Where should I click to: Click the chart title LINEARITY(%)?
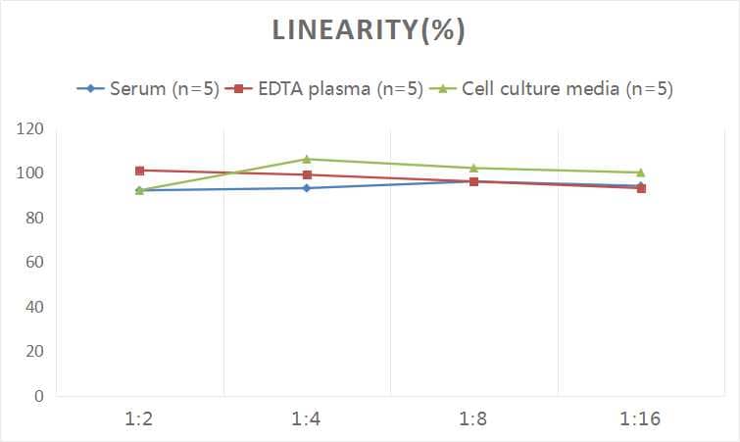pos(369,30)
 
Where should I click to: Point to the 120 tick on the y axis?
pos(30,129)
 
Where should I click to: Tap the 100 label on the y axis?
pos(30,173)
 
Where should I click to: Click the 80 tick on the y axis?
pos(34,219)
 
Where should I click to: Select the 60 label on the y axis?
pos(34,263)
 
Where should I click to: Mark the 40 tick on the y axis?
pos(34,307)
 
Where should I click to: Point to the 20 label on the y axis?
pos(34,352)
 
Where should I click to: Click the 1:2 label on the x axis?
pos(140,419)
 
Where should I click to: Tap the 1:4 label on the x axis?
pos(307,419)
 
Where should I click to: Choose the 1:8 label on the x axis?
pos(474,419)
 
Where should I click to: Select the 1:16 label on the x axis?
pos(641,419)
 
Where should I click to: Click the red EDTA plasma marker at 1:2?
pos(140,171)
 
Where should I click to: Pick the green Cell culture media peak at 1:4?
pos(307,159)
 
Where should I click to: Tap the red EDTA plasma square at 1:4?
pos(307,175)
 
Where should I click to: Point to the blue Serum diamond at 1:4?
pos(307,188)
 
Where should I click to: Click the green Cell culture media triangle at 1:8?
pos(474,168)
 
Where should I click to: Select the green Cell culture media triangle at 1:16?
pos(641,172)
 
